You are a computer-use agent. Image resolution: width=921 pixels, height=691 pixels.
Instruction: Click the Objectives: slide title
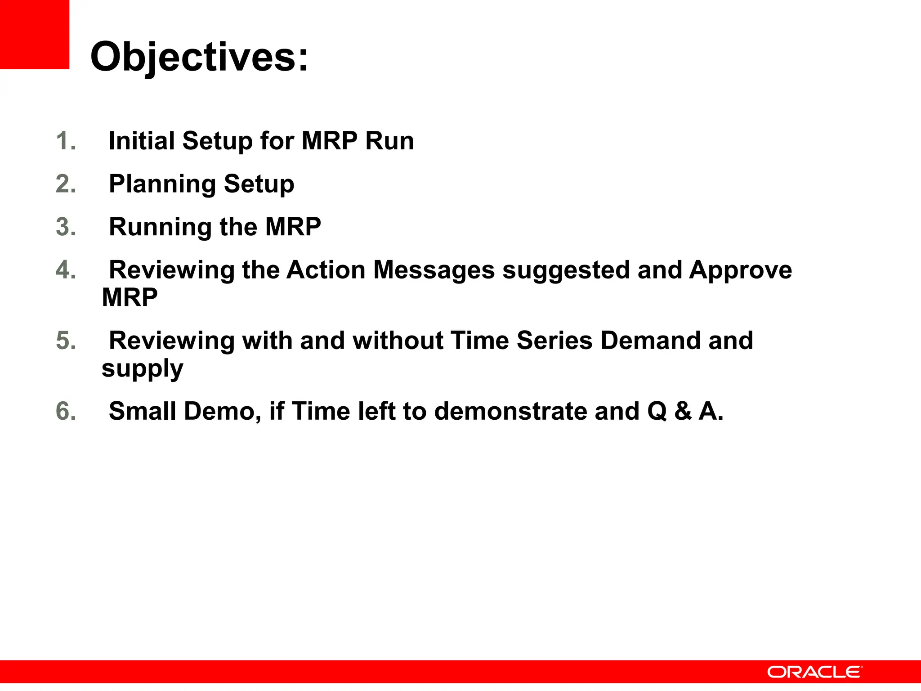click(x=199, y=57)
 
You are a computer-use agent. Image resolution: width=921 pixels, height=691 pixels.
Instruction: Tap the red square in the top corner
click(x=34, y=34)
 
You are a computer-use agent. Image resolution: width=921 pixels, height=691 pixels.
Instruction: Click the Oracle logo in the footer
click(x=814, y=672)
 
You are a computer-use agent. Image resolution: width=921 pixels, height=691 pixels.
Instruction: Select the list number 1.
click(x=66, y=141)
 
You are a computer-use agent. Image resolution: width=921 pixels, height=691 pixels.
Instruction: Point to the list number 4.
click(x=66, y=270)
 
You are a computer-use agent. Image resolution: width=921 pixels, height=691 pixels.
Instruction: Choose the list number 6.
click(x=66, y=411)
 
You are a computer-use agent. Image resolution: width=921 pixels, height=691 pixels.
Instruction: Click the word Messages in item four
click(x=434, y=270)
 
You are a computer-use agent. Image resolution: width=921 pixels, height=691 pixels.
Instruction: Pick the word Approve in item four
click(x=740, y=270)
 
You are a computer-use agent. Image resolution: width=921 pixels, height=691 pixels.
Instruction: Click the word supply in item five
click(x=142, y=369)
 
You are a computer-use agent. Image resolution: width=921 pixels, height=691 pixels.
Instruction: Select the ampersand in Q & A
click(x=683, y=411)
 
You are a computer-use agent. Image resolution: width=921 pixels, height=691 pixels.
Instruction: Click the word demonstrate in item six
click(x=510, y=411)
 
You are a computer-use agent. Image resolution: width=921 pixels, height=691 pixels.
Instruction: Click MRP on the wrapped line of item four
click(x=130, y=297)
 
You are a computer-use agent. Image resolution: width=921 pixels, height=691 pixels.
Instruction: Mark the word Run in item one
click(x=389, y=141)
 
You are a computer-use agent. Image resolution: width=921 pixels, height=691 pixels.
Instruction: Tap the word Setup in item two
click(x=259, y=184)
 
